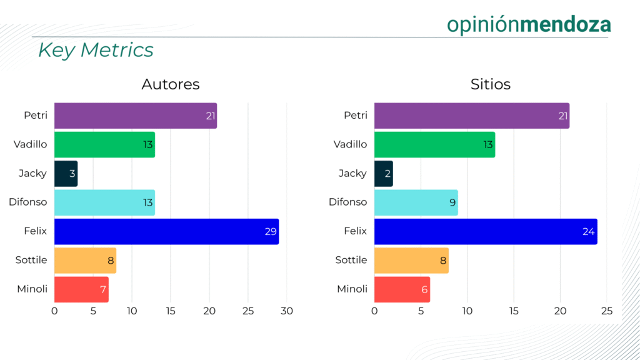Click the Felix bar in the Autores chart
click(x=166, y=231)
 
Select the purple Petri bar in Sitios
click(x=471, y=116)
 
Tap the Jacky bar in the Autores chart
click(x=66, y=174)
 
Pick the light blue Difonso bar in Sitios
click(x=416, y=202)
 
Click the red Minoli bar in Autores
click(x=81, y=289)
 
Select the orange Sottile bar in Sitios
click(x=411, y=260)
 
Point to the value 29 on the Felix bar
click(x=270, y=232)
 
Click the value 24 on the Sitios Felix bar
click(x=588, y=232)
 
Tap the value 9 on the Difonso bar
click(x=452, y=202)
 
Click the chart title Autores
click(x=171, y=84)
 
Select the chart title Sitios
click(x=491, y=84)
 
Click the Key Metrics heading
click(x=96, y=50)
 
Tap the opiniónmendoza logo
click(x=529, y=24)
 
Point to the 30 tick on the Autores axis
click(x=287, y=311)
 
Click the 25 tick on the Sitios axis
click(x=607, y=311)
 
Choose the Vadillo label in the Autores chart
click(x=31, y=144)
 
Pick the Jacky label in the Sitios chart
click(x=352, y=173)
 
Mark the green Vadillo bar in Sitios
click(x=434, y=144)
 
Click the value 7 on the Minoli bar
click(x=103, y=289)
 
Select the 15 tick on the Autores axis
click(x=171, y=311)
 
